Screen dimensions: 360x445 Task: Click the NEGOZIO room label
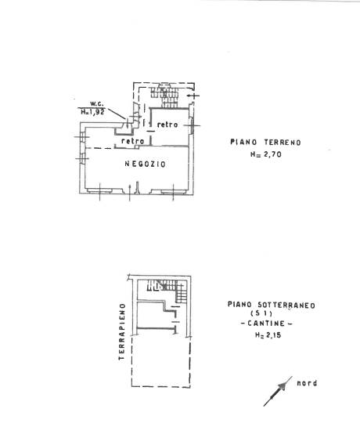(x=146, y=164)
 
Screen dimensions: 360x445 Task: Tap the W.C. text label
(x=97, y=103)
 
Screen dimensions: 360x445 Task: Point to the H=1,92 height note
(x=92, y=112)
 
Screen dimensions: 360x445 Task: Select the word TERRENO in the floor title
(x=283, y=142)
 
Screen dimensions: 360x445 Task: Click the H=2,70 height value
(x=266, y=154)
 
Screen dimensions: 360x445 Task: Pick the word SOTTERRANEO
(x=286, y=305)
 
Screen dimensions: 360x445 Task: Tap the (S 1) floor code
(x=261, y=314)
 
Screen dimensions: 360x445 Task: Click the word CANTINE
(x=266, y=324)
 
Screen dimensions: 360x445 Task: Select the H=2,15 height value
(x=268, y=335)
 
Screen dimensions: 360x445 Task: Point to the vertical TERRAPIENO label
(x=122, y=331)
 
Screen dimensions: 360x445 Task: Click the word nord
(x=307, y=383)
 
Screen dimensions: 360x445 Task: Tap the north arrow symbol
(x=278, y=391)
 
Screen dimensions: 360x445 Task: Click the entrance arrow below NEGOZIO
(x=130, y=193)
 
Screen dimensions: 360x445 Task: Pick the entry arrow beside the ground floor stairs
(x=193, y=96)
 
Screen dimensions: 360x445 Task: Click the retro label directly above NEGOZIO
(x=133, y=141)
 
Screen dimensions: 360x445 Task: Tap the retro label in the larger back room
(x=167, y=125)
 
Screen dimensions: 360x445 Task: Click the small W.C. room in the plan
(x=124, y=128)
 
